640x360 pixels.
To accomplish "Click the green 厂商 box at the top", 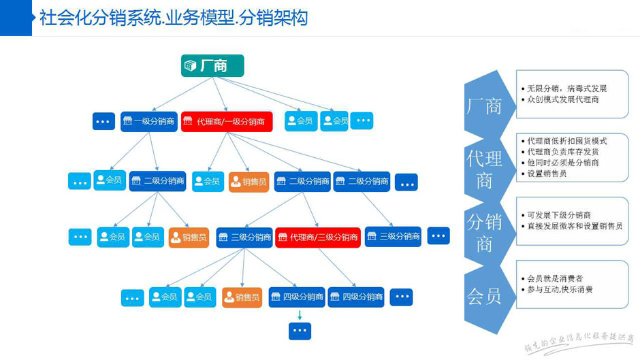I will pos(212,65).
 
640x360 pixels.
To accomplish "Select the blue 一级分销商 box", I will pos(149,122).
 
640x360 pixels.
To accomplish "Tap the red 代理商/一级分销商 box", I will pos(227,122).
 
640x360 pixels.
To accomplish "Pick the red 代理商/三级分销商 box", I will pos(318,238).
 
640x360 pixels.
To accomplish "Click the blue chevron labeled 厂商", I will pos(484,105).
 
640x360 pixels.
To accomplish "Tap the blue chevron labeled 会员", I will pos(484,295).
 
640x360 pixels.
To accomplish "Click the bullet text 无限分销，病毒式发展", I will pos(566,88).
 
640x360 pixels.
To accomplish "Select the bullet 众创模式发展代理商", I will pos(562,99).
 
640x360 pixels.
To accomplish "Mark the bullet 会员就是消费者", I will pos(554,278).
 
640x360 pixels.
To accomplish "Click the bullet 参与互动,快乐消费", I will pos(559,289).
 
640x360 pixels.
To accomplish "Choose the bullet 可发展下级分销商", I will pos(558,215).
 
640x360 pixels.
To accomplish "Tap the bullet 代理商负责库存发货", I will pos(562,152).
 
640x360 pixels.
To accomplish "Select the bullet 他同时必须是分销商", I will pos(562,163).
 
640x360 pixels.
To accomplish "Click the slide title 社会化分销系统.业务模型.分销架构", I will pos(174,18).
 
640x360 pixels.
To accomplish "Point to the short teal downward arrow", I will pos(300,315).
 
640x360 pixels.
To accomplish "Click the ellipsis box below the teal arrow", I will pos(300,331).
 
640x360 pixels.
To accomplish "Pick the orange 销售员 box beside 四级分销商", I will pos(242,297).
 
